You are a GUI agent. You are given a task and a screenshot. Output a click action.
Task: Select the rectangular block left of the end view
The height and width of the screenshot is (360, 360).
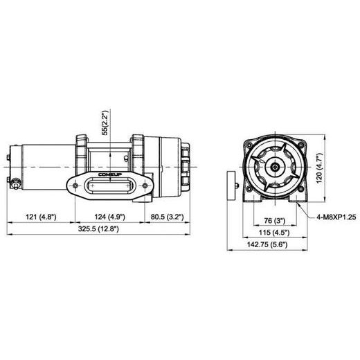pos(230,186)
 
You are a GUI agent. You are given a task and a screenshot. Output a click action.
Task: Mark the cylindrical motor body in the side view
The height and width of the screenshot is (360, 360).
pos(42,166)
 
